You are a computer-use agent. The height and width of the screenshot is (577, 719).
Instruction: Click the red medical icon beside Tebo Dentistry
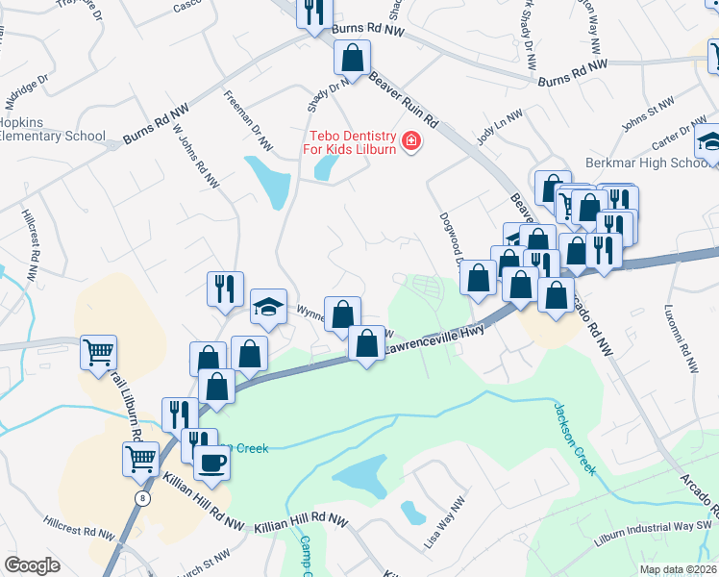(411, 141)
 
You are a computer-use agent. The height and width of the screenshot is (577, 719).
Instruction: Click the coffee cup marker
(211, 462)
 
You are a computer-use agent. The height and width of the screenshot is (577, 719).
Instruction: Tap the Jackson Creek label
(575, 438)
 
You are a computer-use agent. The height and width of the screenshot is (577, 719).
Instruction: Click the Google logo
(32, 565)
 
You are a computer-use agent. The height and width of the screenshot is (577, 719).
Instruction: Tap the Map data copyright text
(678, 569)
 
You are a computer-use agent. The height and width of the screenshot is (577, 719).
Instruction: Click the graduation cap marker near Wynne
(269, 308)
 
